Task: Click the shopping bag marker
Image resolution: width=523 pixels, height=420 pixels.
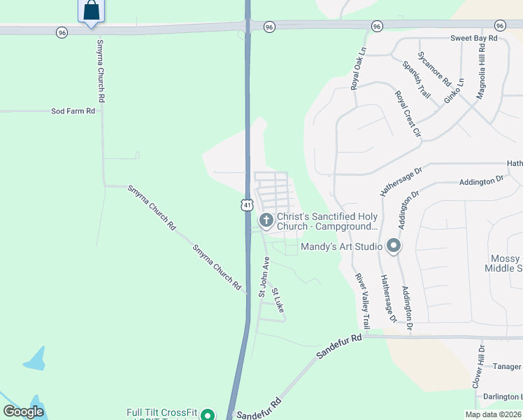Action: pyautogui.click(x=91, y=10)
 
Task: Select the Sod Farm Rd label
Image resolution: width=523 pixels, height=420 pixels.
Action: pyautogui.click(x=73, y=111)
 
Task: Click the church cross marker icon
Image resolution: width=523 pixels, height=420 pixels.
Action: pyautogui.click(x=266, y=220)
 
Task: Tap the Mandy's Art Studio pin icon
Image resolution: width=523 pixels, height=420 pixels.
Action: pyautogui.click(x=394, y=246)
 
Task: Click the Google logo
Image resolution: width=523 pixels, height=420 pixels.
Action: pyautogui.click(x=24, y=412)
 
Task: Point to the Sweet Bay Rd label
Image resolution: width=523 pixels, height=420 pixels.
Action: pyautogui.click(x=473, y=38)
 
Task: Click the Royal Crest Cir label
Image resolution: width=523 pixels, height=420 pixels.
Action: pyautogui.click(x=408, y=113)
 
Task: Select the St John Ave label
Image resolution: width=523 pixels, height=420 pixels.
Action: pyautogui.click(x=264, y=276)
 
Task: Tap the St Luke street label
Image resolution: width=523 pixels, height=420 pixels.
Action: pyautogui.click(x=278, y=300)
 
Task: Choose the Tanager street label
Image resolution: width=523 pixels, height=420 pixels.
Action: pyautogui.click(x=507, y=367)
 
